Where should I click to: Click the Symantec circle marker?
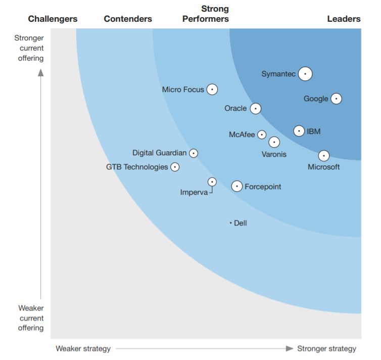point(305,74)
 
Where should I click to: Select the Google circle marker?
point(336,99)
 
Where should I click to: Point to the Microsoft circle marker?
point(324,156)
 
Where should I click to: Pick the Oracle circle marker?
point(256,108)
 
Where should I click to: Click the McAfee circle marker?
point(262,134)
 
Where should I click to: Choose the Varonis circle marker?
point(274,143)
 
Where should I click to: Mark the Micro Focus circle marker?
point(212,89)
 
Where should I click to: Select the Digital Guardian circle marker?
point(193,153)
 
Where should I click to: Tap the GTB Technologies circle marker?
point(175,167)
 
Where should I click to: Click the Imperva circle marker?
point(212,182)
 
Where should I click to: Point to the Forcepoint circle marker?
point(237,187)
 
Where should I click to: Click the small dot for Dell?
point(230,222)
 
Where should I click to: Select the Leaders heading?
point(344,19)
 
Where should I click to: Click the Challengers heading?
point(53,19)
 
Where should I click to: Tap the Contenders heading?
point(128,19)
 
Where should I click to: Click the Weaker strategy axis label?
point(83,348)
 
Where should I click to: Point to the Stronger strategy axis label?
point(326,348)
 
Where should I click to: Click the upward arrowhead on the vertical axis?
point(41,72)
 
